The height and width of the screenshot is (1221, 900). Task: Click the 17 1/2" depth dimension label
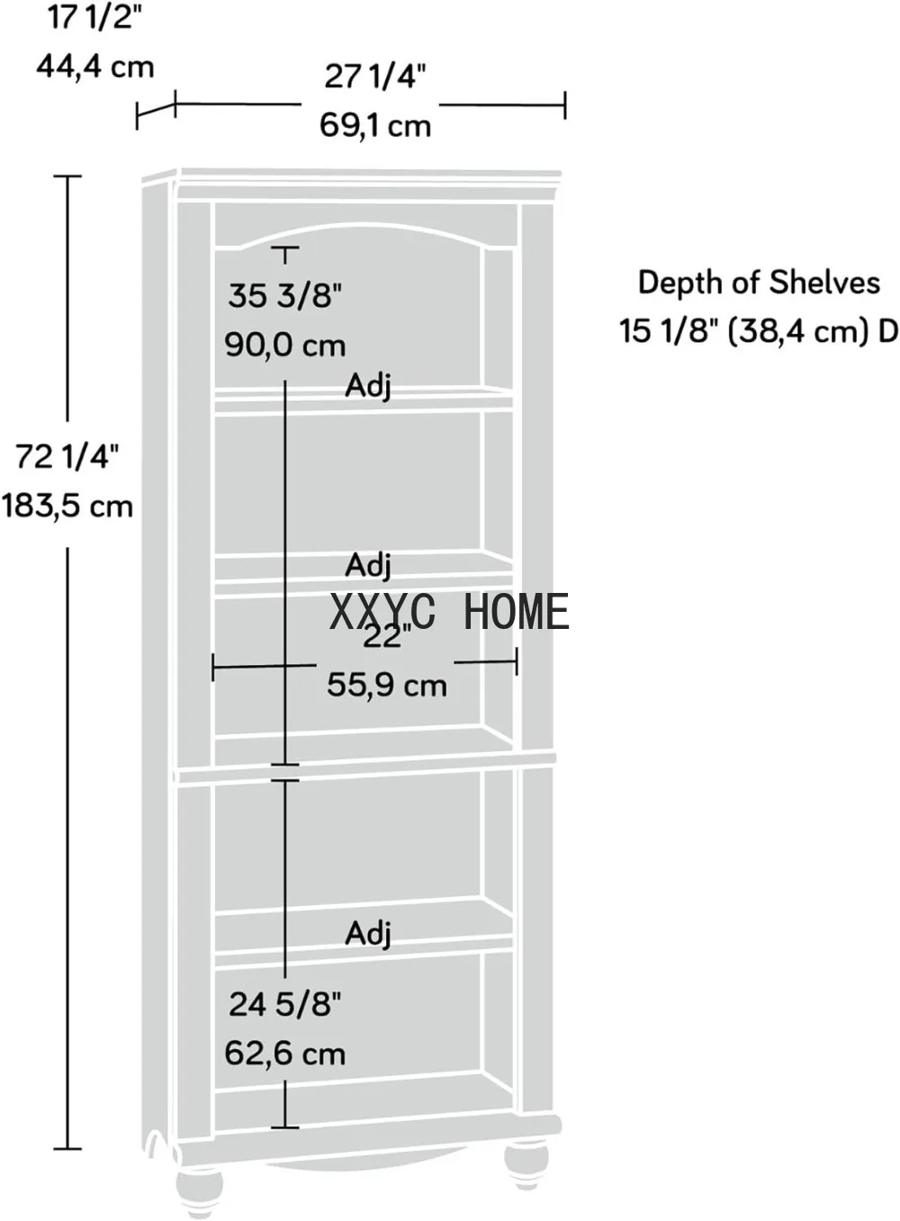click(95, 18)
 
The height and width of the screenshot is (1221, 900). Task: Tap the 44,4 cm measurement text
click(95, 67)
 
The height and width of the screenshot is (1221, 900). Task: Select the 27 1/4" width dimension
click(375, 76)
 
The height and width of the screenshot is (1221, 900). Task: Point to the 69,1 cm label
click(375, 125)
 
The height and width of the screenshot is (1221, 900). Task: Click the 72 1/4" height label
click(67, 457)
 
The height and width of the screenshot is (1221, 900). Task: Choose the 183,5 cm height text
click(67, 507)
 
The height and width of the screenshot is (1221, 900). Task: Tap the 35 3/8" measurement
click(284, 296)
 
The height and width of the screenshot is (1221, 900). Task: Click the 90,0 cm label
click(285, 346)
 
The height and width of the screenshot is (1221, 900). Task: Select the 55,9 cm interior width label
click(386, 685)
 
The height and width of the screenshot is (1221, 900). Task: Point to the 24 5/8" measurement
click(285, 1004)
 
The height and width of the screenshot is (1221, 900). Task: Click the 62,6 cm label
click(285, 1054)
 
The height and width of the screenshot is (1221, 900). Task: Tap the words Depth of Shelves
click(759, 283)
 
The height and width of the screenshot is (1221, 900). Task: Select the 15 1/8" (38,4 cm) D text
click(759, 331)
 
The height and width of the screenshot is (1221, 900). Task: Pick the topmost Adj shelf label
click(368, 387)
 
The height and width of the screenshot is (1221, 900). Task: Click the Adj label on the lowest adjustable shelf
click(368, 933)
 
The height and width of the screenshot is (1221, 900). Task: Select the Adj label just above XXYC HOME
click(368, 565)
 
